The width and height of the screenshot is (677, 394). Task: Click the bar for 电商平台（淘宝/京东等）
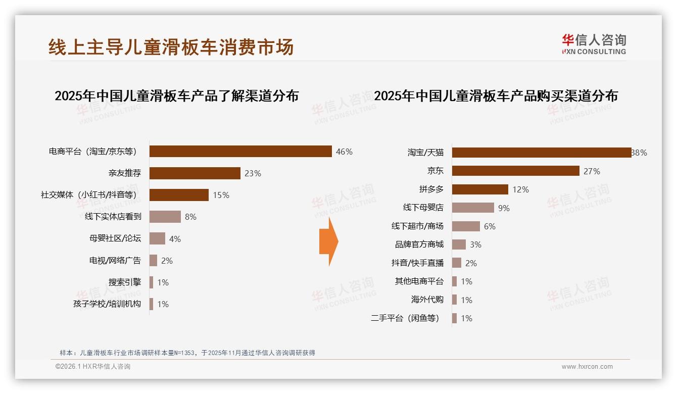240,152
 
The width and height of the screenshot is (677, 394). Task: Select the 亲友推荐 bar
195,173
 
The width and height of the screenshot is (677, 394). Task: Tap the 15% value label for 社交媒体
221,195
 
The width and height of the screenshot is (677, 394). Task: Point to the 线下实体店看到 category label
113,217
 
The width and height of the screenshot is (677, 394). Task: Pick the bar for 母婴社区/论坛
157,238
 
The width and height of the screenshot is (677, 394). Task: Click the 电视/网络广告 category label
115,261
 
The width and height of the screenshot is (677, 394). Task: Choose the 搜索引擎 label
124,282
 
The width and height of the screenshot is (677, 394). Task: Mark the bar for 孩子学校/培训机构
151,304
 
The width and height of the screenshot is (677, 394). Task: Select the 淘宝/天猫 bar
542,153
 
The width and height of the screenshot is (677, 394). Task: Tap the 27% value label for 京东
592,171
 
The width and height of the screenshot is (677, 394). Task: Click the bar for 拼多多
480,189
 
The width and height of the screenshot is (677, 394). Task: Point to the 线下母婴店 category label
423,208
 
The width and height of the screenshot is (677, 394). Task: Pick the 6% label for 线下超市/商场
490,226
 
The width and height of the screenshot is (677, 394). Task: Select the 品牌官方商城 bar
459,244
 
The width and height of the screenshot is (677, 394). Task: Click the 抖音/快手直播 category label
417,263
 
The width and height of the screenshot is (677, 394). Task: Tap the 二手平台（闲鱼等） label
405,318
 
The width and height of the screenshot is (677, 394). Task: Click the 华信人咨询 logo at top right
594,44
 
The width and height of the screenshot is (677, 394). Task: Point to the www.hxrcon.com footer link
587,367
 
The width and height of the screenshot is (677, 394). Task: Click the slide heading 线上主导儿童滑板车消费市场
171,47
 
